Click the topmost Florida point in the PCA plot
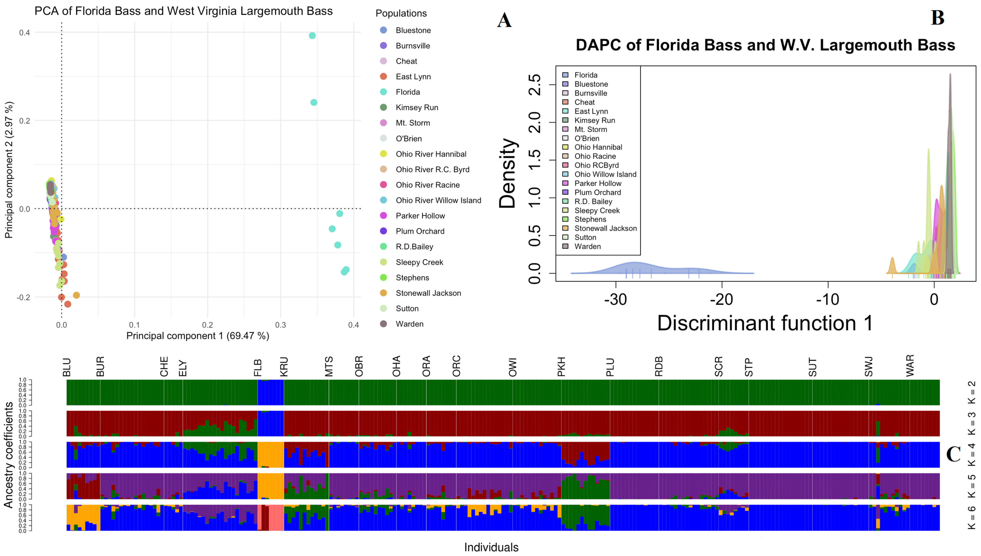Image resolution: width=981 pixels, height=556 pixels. [312, 36]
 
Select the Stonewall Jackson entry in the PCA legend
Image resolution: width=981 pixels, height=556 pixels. [428, 293]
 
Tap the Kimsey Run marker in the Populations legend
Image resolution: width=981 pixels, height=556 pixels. [383, 107]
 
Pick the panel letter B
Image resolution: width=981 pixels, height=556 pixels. [937, 18]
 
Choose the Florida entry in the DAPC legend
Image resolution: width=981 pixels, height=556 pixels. [586, 75]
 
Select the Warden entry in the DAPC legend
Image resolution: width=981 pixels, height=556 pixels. [587, 246]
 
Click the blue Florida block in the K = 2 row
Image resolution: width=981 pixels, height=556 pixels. [271, 393]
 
